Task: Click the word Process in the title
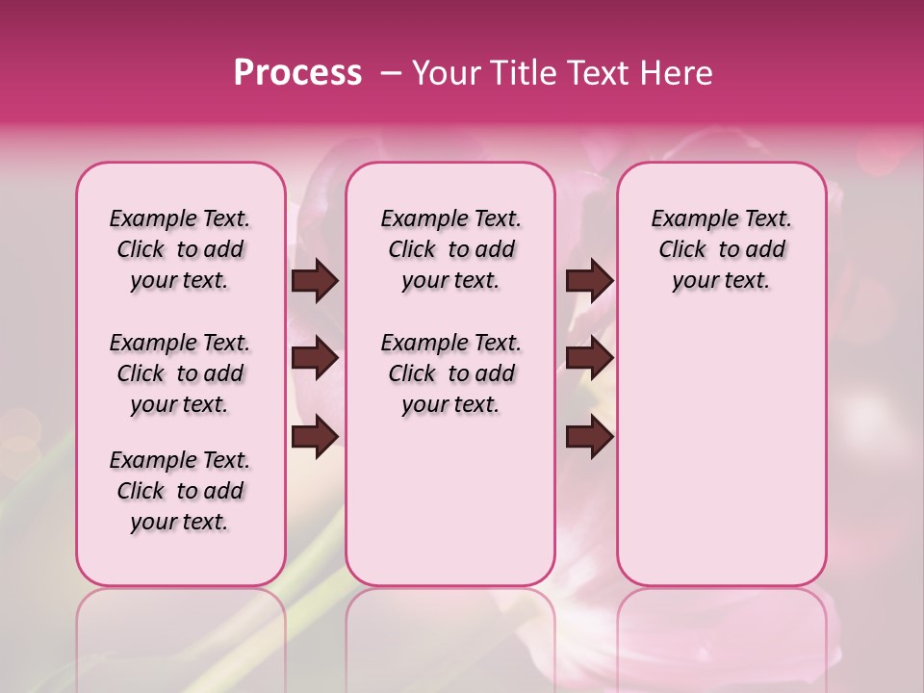297,73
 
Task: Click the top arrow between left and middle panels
315,281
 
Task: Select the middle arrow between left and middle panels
315,359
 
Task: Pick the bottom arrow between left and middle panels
315,438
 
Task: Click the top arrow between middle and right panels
589,281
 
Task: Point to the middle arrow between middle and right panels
589,359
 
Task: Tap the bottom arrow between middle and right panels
589,438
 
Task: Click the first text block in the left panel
180,249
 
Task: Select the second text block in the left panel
180,373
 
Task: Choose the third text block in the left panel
180,491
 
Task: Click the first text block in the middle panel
450,249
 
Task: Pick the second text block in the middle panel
450,373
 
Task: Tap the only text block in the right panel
721,249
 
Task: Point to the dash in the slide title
390,73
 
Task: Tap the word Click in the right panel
682,250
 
